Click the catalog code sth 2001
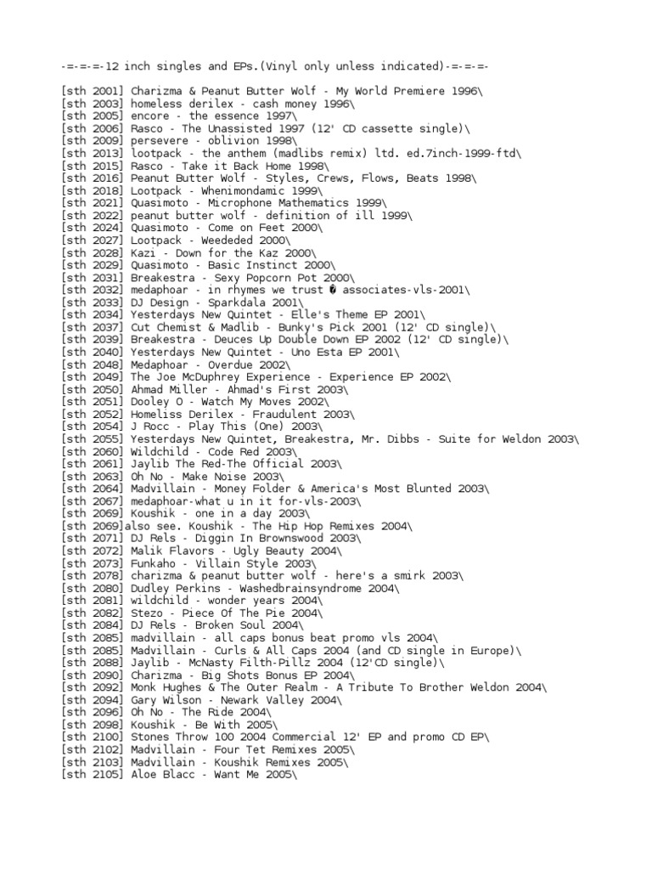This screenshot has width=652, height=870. coord(93,91)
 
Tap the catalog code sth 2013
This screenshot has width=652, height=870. coord(93,153)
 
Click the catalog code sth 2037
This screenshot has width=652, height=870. coord(93,327)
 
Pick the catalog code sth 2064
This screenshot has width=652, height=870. coord(93,489)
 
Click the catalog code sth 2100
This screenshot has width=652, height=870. coord(93,737)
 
